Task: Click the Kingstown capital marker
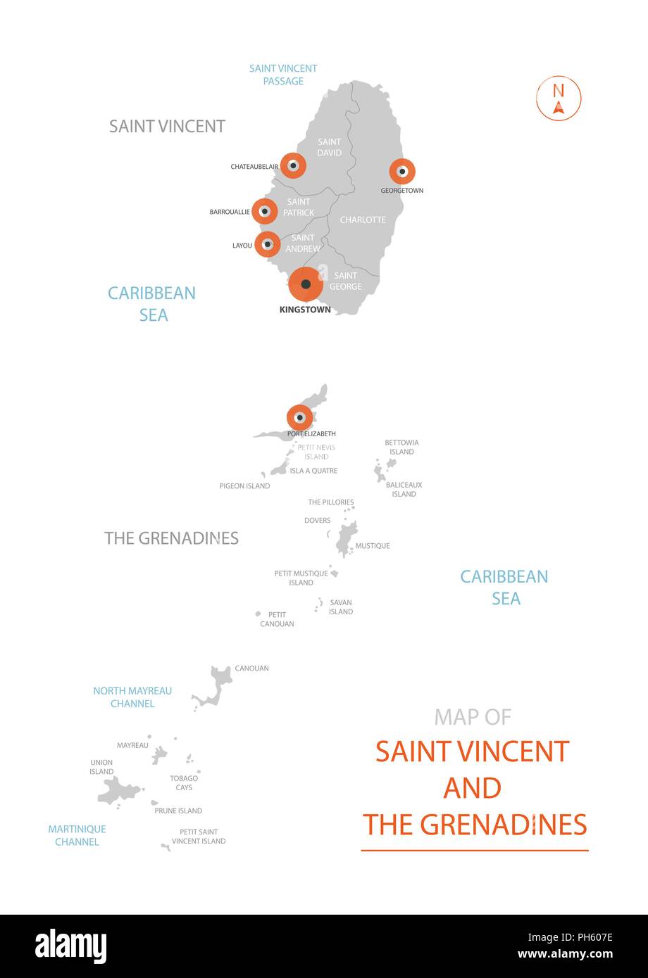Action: [x=306, y=284]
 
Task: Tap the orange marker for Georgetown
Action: [x=402, y=171]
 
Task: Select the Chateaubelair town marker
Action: [x=292, y=166]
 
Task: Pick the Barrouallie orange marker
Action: [x=265, y=211]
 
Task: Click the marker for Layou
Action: [x=268, y=244]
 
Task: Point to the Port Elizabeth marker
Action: [x=299, y=418]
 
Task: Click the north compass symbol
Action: [x=559, y=99]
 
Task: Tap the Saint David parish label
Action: [x=329, y=147]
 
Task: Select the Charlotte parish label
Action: [x=363, y=220]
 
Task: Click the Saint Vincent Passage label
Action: [x=283, y=75]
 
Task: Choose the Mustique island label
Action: [x=373, y=546]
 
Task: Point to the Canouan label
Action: [x=251, y=668]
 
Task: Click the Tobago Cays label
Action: [x=184, y=782]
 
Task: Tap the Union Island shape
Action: [x=118, y=792]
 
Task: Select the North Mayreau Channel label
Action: [x=132, y=697]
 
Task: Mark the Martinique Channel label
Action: [x=77, y=835]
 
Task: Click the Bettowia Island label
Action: [x=401, y=447]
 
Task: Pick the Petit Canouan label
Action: [x=277, y=619]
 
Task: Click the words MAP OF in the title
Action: [x=473, y=717]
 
